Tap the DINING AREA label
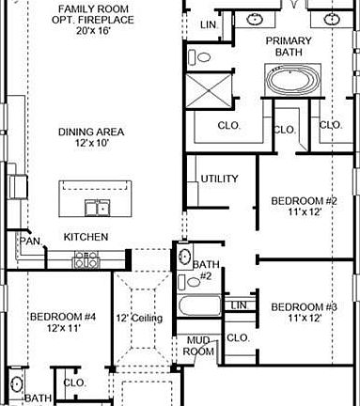click(x=91, y=132)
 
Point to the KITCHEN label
click(x=86, y=238)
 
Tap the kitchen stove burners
click(x=86, y=260)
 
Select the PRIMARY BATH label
click(x=288, y=47)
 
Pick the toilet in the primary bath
click(x=201, y=56)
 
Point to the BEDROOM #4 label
click(x=62, y=322)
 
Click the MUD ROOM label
click(x=198, y=346)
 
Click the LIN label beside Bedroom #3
click(x=239, y=305)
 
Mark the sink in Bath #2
click(x=185, y=256)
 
